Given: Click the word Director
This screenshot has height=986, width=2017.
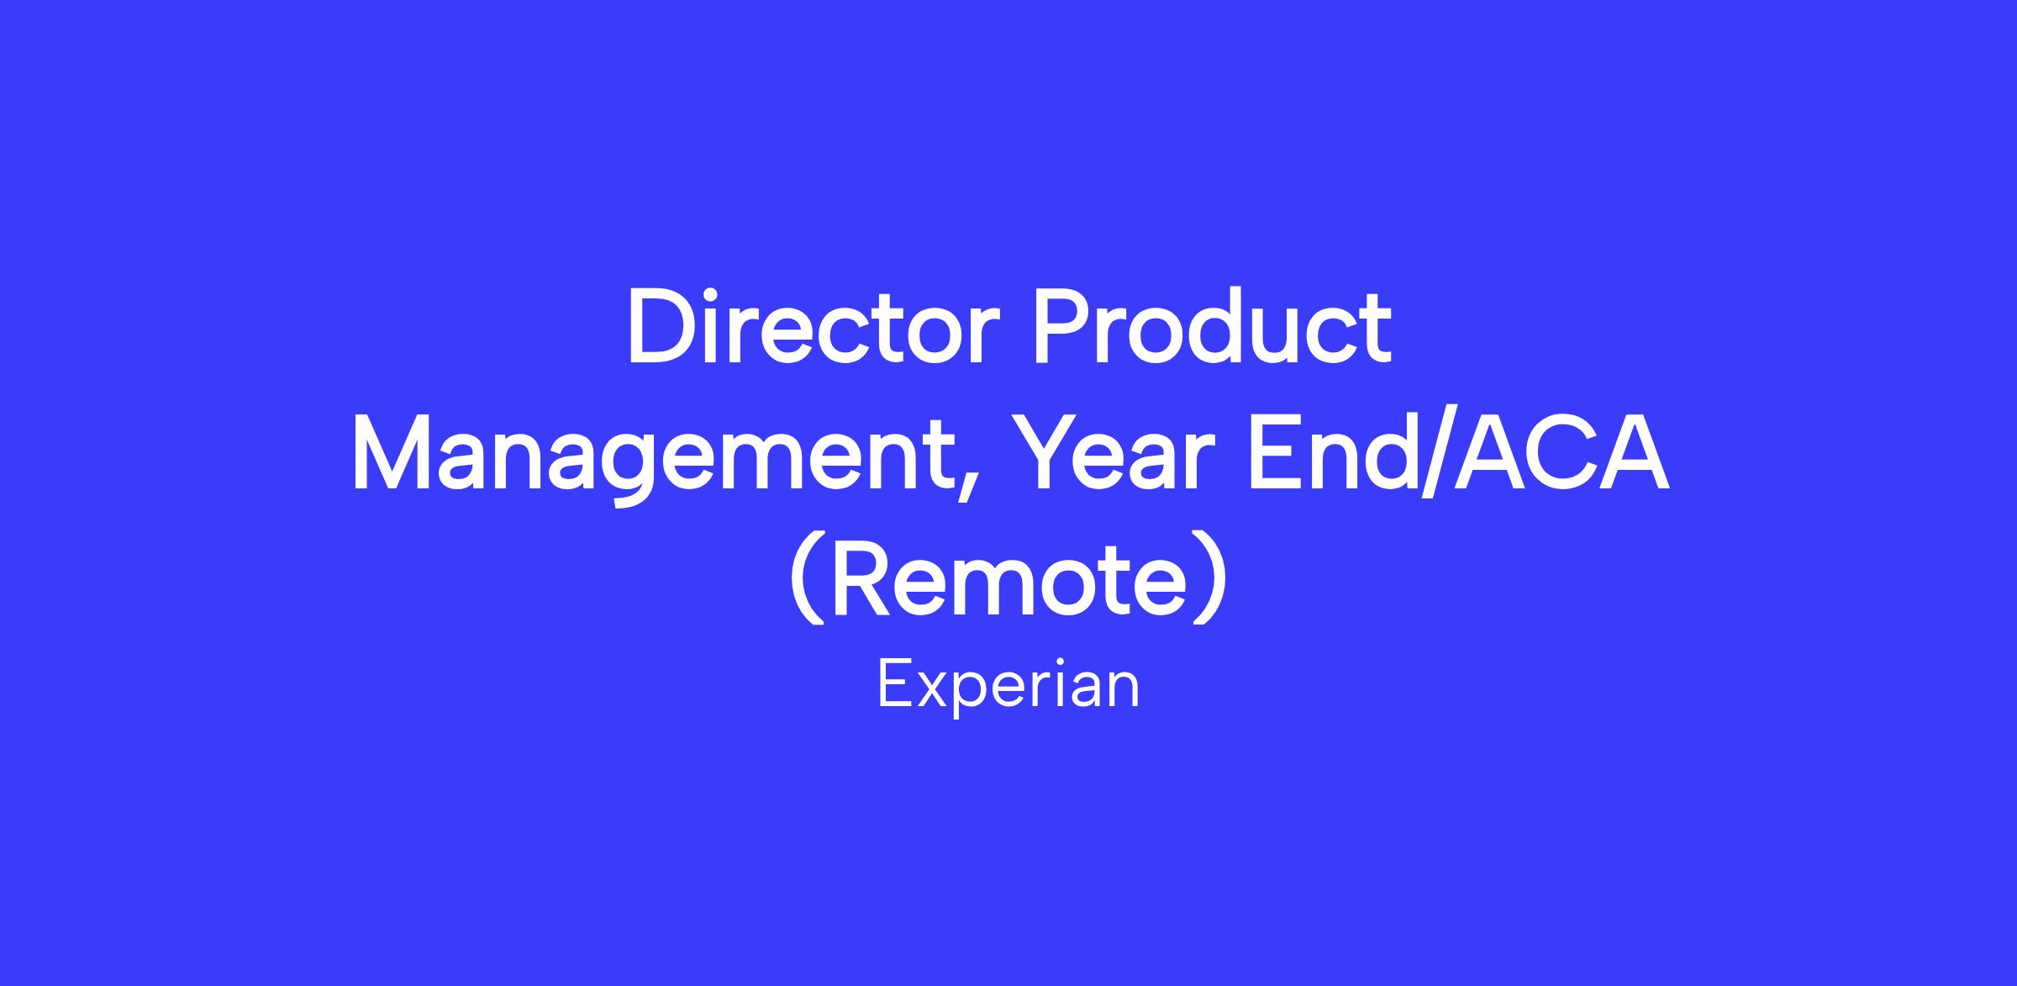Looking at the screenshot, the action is (x=814, y=327).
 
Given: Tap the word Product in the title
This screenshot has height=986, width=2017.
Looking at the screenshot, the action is (x=1212, y=327).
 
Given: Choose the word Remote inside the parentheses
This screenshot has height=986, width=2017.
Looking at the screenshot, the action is (x=1008, y=579).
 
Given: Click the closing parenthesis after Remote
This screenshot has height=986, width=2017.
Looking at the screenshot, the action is (x=1211, y=579).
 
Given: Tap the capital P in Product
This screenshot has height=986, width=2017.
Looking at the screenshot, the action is (x=1061, y=327).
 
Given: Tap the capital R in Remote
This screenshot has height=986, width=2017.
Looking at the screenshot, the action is (x=861, y=579).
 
